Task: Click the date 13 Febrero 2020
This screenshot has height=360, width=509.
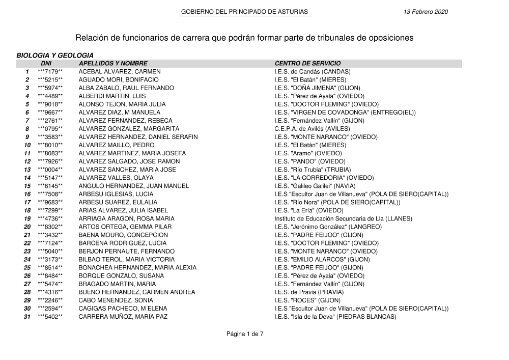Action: click(x=426, y=12)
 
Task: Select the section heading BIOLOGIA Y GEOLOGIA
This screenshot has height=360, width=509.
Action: click(x=55, y=55)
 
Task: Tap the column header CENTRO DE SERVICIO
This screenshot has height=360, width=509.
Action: click(x=307, y=63)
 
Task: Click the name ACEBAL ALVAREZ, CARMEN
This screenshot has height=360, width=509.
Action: click(x=119, y=72)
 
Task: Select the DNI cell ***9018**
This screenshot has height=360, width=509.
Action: click(x=50, y=104)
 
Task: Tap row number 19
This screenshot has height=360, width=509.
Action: click(x=27, y=218)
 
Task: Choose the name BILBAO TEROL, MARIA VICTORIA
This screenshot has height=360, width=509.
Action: click(x=127, y=259)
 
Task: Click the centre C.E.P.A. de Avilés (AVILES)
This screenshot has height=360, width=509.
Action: click(x=312, y=129)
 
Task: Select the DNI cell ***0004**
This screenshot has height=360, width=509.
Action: click(x=50, y=170)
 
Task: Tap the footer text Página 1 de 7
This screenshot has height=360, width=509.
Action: click(x=245, y=334)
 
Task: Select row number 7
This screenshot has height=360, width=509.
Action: click(x=27, y=121)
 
